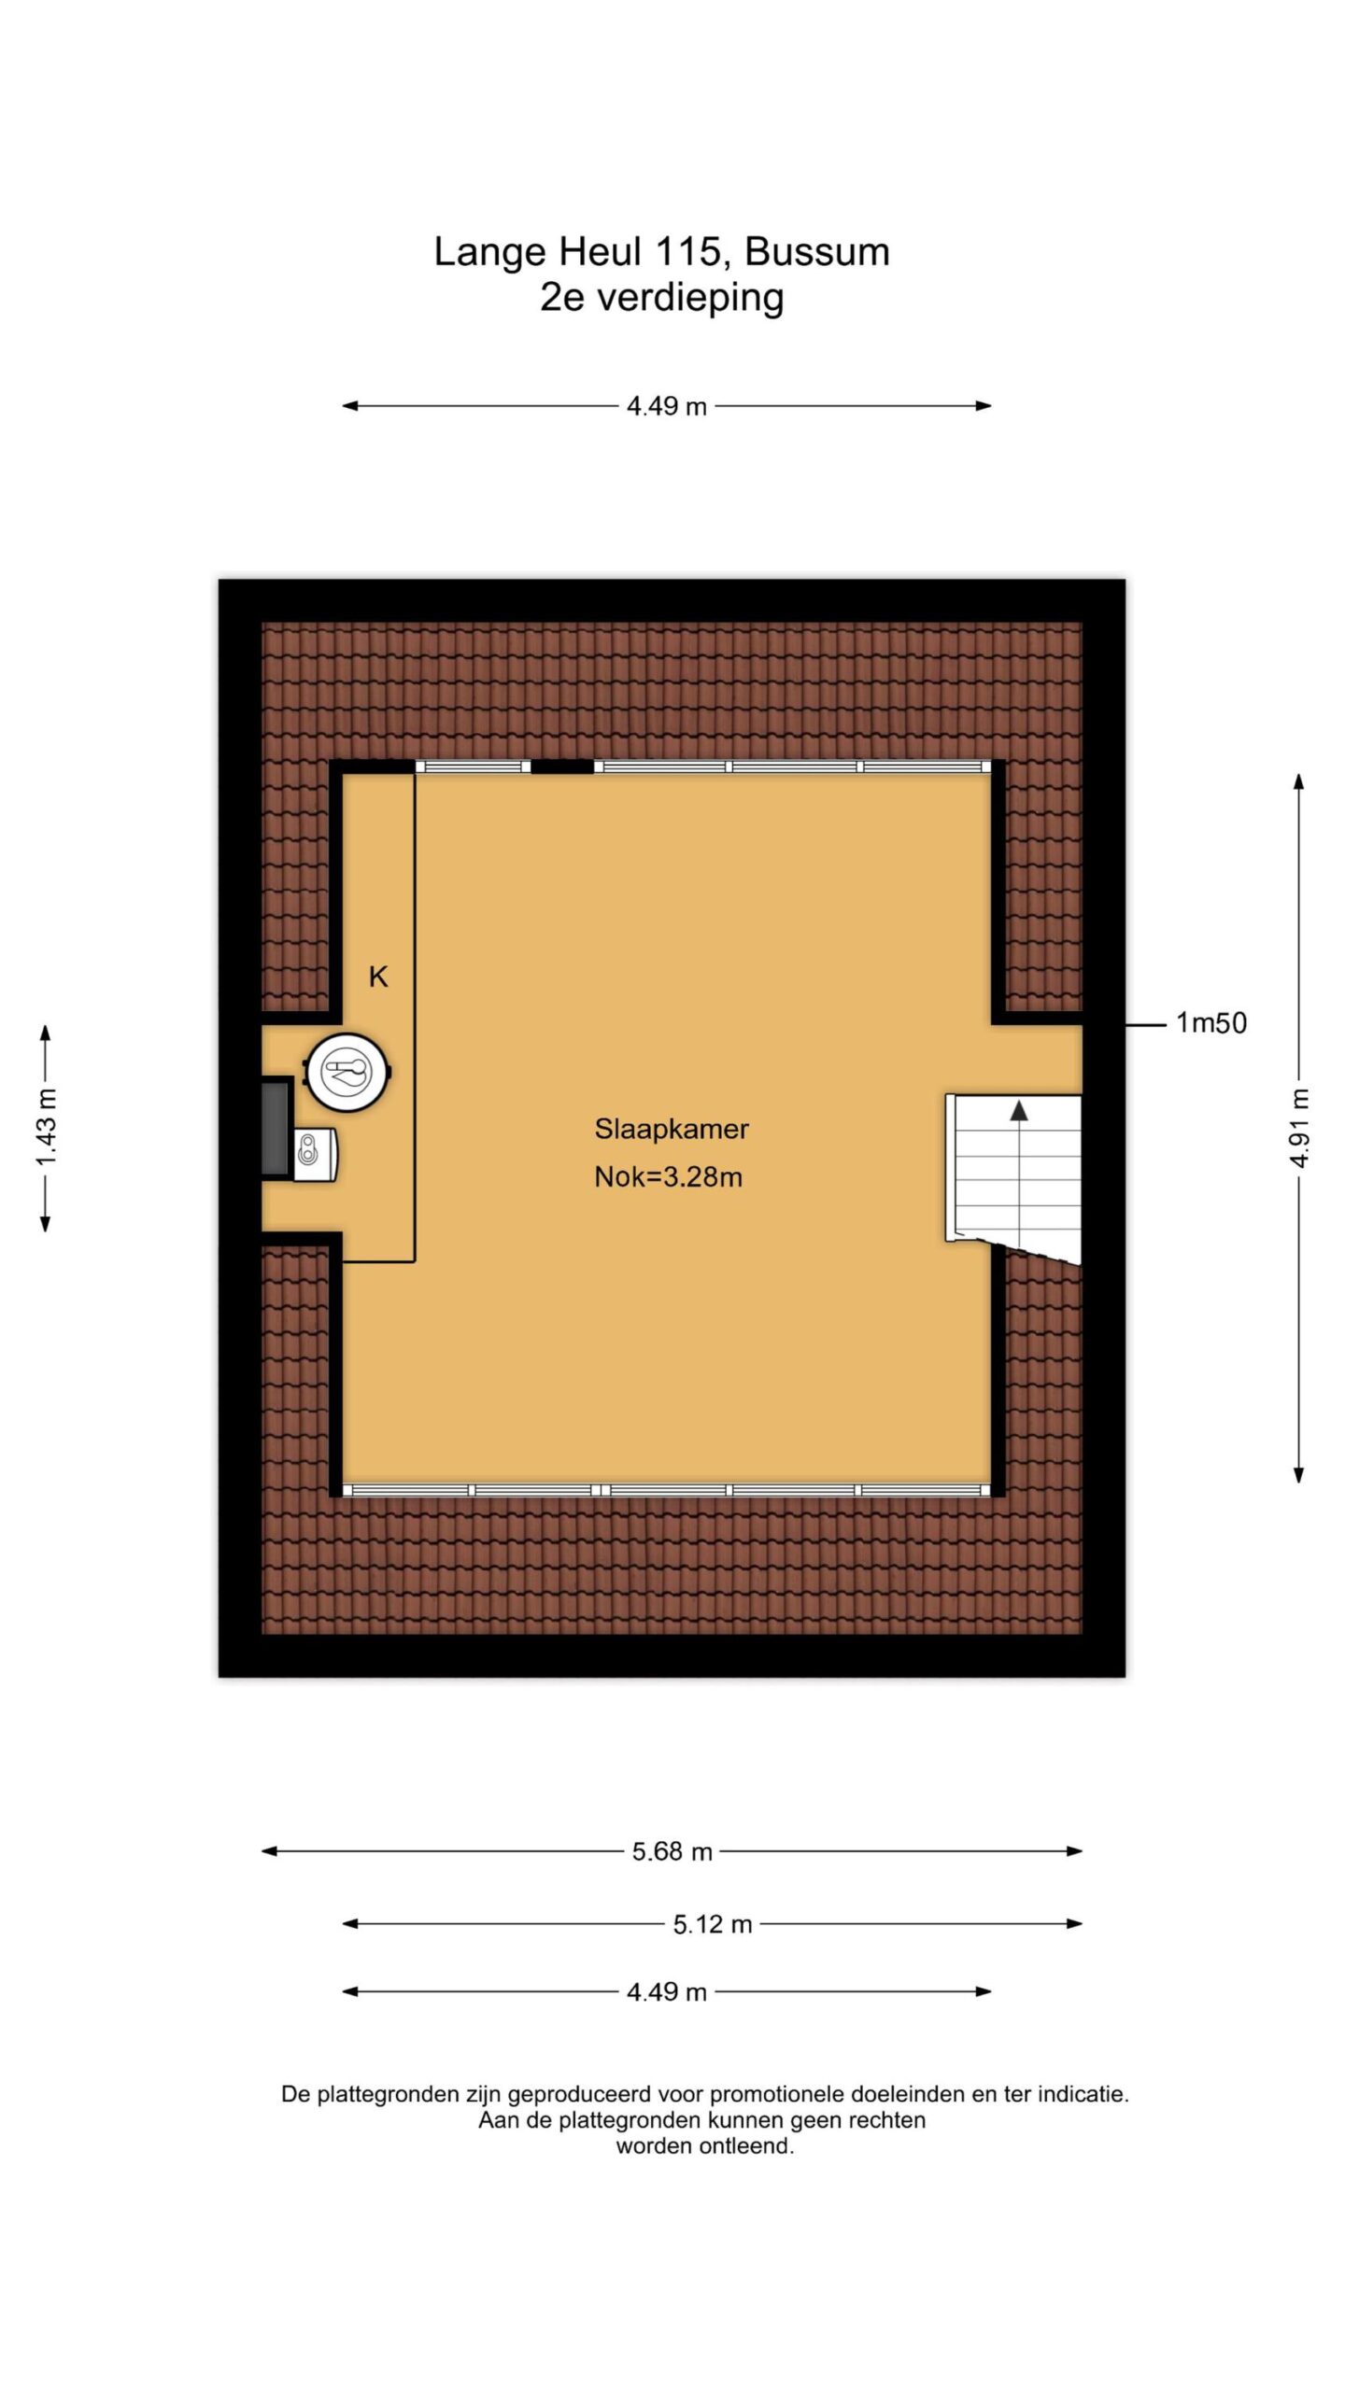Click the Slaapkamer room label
(672, 1129)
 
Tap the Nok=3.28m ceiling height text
(669, 1176)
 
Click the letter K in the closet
(378, 977)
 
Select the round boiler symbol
(347, 1072)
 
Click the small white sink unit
(315, 1155)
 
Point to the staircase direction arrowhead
(1019, 1110)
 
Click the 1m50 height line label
(1211, 1023)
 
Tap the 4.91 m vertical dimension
(1299, 1127)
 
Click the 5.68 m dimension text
(672, 1851)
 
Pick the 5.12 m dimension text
(713, 1924)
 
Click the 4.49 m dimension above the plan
(667, 406)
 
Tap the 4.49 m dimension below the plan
(667, 1992)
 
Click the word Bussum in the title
(817, 252)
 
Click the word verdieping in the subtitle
(690, 299)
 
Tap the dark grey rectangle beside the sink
(276, 1127)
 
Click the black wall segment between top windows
(562, 766)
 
